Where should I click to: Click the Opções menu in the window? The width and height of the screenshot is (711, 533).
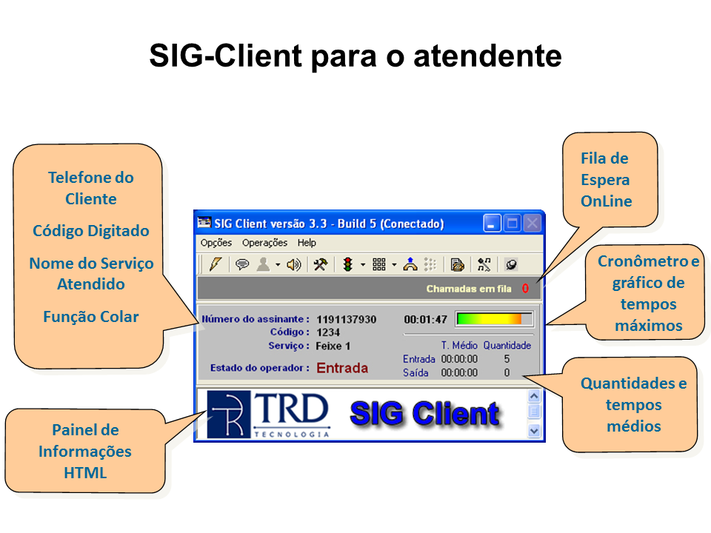[x=216, y=243]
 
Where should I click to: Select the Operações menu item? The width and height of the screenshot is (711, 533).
[x=264, y=243]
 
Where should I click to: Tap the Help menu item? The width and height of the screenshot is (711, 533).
[x=307, y=243]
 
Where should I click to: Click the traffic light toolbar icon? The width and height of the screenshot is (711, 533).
[x=348, y=264]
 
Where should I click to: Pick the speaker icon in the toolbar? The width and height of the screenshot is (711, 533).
[x=294, y=264]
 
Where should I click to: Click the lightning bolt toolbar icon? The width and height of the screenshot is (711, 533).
[x=216, y=264]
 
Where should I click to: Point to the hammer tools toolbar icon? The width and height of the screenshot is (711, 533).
[x=320, y=264]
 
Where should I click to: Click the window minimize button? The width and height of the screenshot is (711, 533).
[x=492, y=224]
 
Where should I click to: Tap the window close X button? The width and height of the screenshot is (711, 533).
[x=533, y=224]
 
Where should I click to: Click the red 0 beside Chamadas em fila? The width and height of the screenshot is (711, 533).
[x=525, y=289]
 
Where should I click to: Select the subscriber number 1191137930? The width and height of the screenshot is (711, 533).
[x=347, y=320]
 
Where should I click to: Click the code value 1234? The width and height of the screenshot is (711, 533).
[x=328, y=332]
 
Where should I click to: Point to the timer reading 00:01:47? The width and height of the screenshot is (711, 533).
[x=425, y=320]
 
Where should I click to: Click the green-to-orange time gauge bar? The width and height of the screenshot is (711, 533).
[x=494, y=319]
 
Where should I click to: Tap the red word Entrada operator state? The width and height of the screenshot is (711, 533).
[x=342, y=368]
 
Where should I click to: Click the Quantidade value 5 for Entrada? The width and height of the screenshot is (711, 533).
[x=507, y=359]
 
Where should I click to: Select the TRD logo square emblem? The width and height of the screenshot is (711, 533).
[x=229, y=415]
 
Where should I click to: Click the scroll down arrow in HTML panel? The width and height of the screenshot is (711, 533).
[x=534, y=431]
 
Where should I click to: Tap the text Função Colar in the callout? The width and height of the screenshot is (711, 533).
[x=90, y=316]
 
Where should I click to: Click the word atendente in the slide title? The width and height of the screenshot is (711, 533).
[x=487, y=56]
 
